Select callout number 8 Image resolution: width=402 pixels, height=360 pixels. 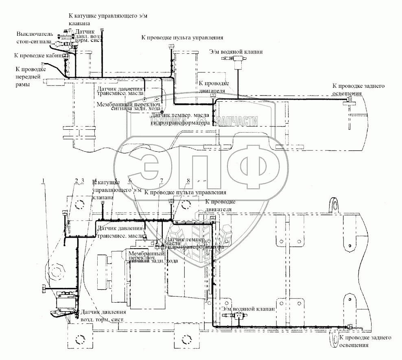click(x=188, y=181)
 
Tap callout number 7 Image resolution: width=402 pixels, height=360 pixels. click(x=162, y=181)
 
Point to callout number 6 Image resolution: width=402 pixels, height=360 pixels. click(x=130, y=181)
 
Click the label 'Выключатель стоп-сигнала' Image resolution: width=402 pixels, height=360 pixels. click(x=34, y=37)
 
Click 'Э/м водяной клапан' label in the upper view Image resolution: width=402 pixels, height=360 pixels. click(x=236, y=52)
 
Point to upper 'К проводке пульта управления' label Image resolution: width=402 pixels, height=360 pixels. click(x=182, y=37)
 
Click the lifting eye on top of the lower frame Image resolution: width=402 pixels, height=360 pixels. click(x=335, y=203)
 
